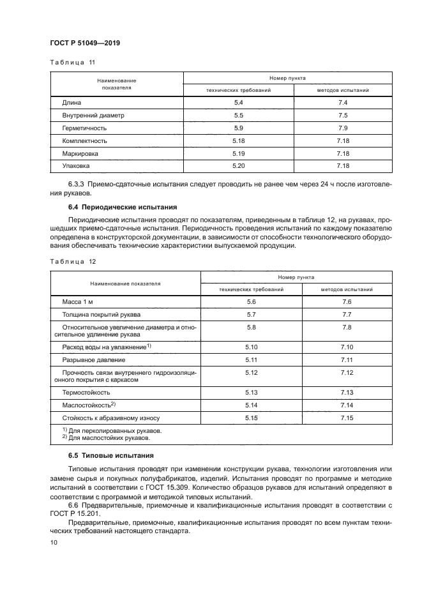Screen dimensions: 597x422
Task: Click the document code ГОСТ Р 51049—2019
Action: pyautogui.click(x=85, y=43)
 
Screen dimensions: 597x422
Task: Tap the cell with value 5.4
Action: pyautogui.click(x=239, y=103)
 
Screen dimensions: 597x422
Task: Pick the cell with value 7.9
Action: pyautogui.click(x=342, y=128)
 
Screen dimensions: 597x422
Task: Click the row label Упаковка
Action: pyautogui.click(x=76, y=165)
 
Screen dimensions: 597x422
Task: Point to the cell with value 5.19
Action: pyautogui.click(x=239, y=153)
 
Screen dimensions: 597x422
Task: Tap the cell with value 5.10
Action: pyautogui.click(x=251, y=346)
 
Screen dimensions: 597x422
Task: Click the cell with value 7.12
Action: pyautogui.click(x=347, y=372)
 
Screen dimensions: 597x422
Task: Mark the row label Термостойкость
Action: pyautogui.click(x=86, y=392)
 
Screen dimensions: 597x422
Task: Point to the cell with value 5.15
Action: pyautogui.click(x=251, y=418)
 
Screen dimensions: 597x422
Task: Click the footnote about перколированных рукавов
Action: pyautogui.click(x=112, y=431)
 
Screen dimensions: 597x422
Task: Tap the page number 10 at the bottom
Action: pyautogui.click(x=54, y=542)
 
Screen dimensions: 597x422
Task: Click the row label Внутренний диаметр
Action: pyautogui.click(x=93, y=116)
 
